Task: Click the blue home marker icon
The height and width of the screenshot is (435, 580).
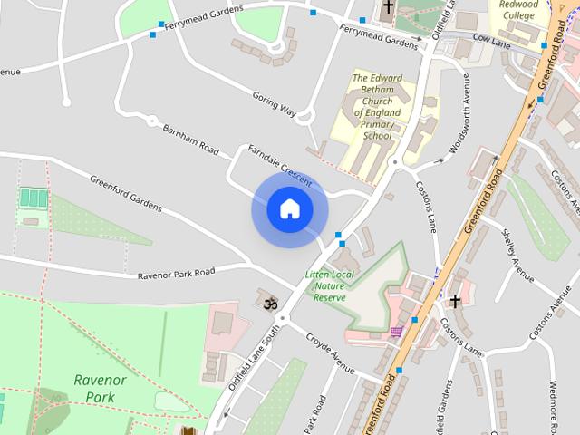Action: [x=289, y=209]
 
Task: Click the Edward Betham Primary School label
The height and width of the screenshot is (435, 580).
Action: [x=378, y=107]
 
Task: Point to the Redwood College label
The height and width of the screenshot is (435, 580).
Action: [x=519, y=10]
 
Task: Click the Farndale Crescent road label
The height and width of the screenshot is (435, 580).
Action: [x=280, y=164]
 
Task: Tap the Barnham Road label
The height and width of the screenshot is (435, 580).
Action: [x=191, y=139]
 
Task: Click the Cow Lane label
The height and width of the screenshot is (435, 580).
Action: [x=493, y=41]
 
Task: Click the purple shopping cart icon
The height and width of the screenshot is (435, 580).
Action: [x=396, y=333]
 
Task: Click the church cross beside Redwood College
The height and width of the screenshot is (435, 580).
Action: [x=388, y=7]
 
